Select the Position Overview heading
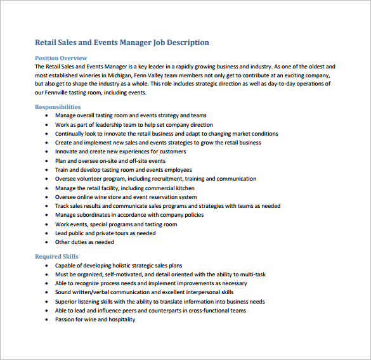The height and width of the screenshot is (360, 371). click(x=61, y=58)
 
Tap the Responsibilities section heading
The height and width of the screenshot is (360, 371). click(x=58, y=107)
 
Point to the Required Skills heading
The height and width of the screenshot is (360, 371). click(x=57, y=257)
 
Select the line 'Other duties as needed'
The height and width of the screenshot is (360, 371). click(x=84, y=242)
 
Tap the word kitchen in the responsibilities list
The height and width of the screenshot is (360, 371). click(x=184, y=188)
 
